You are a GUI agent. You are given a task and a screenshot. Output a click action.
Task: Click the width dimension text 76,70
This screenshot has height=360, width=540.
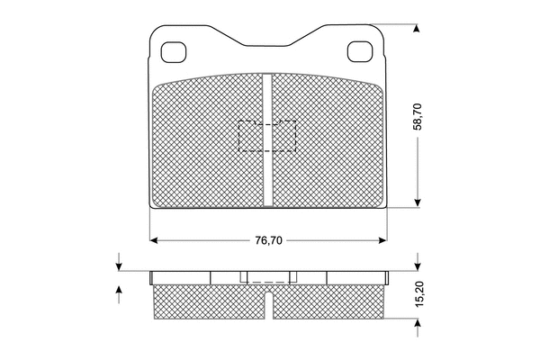click(268, 240)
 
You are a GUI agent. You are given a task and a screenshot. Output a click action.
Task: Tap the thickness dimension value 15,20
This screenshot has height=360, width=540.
click(418, 294)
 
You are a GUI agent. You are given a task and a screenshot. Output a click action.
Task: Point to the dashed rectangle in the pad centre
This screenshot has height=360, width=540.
click(267, 135)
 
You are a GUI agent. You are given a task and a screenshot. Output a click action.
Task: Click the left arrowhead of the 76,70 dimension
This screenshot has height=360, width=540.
click(154, 240)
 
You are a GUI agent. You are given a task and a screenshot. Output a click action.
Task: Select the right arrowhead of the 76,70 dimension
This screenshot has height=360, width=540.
click(382, 240)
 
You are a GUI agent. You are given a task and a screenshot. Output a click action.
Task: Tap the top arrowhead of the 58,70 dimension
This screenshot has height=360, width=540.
click(417, 27)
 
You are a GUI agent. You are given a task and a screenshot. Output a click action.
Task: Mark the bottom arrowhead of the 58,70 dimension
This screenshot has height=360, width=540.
click(417, 203)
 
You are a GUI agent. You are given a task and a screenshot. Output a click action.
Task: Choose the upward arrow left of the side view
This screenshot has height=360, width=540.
click(119, 291)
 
